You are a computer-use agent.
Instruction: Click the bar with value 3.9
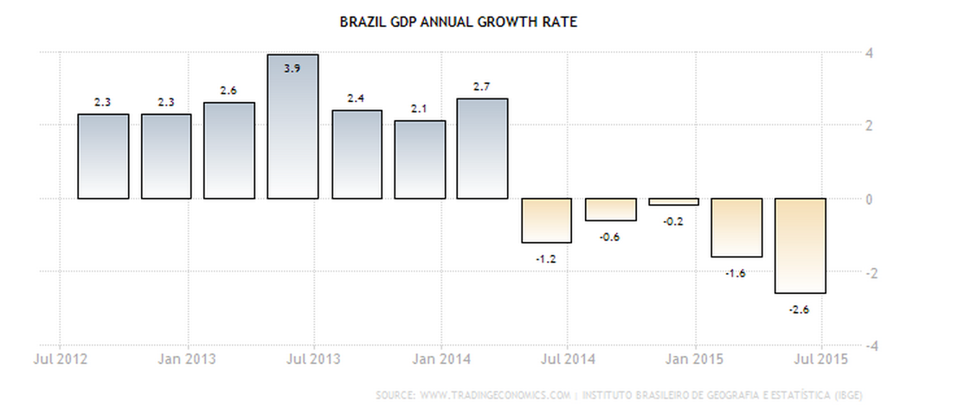pyautogui.click(x=292, y=126)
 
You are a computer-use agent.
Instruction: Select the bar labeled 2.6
pyautogui.click(x=229, y=150)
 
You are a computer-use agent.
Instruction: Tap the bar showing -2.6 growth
pyautogui.click(x=800, y=245)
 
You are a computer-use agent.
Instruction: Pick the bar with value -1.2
pyautogui.click(x=546, y=220)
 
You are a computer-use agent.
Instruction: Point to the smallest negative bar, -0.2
pyautogui.click(x=673, y=201)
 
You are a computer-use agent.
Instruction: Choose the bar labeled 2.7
pyautogui.click(x=483, y=149)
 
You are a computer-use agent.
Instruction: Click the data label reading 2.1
pyautogui.click(x=420, y=108)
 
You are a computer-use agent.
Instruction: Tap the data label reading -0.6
pyautogui.click(x=609, y=236)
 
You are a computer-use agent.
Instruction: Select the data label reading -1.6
pyautogui.click(x=736, y=272)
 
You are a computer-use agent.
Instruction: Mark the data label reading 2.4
pyautogui.click(x=356, y=98)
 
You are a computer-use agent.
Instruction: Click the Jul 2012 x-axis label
pyautogui.click(x=59, y=359)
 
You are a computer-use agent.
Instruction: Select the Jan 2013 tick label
pyautogui.click(x=186, y=359)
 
